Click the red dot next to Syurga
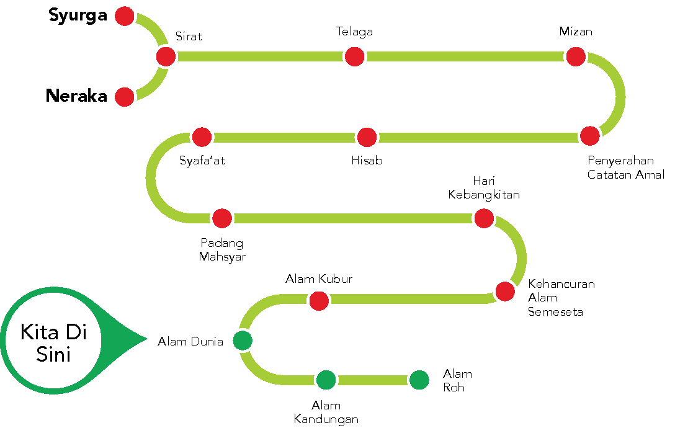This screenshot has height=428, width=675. [125, 16]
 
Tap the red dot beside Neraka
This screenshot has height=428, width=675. [125, 97]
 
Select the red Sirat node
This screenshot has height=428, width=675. [166, 56]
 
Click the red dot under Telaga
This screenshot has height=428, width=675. [354, 56]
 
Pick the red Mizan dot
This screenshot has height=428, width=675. [575, 56]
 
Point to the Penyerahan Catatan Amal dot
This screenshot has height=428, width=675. [590, 136]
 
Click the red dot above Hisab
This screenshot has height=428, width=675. [367, 137]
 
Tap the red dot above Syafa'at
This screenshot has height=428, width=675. [202, 137]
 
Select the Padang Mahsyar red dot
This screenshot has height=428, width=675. [221, 218]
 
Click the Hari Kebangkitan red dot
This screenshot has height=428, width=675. [483, 218]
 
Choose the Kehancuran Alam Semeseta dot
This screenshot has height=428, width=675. [505, 291]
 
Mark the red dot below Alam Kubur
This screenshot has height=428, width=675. [319, 301]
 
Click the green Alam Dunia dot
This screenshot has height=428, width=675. [243, 340]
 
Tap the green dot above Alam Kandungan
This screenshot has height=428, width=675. [326, 379]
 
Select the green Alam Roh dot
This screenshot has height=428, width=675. [419, 380]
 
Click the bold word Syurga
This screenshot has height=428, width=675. [78, 16]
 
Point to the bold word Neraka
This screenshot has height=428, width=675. [76, 96]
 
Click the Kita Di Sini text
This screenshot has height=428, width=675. [53, 342]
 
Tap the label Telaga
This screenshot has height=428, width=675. [354, 31]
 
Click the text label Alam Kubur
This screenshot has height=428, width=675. [319, 279]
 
